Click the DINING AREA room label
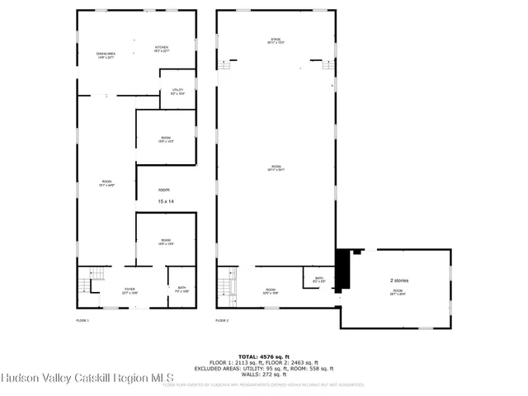(106, 55)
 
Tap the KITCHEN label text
(161, 49)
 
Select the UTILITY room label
(177, 91)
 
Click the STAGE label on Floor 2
(276, 40)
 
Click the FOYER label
(130, 290)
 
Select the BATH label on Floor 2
(318, 279)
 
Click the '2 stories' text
(399, 280)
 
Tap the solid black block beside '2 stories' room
(345, 268)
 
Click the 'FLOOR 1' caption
(82, 319)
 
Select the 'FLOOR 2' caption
(222, 319)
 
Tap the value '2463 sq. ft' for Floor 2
(301, 362)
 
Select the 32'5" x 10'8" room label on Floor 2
(270, 290)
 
